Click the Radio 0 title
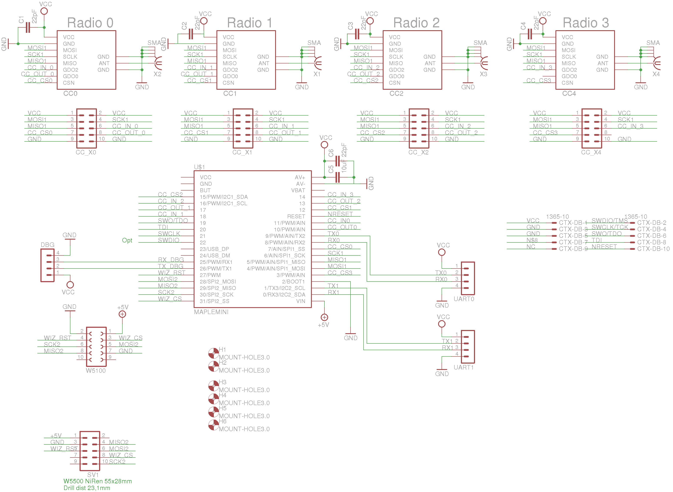[90, 23]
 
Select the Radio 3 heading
[585, 23]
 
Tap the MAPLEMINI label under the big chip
[211, 312]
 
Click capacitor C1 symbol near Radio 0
[28, 27]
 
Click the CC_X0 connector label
[86, 152]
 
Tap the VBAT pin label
[298, 190]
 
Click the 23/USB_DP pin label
[214, 249]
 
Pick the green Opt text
[127, 240]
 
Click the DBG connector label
[48, 245]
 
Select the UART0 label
[464, 299]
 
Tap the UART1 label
[464, 367]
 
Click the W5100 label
[96, 371]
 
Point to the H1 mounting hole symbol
[213, 353]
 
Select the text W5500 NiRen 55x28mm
[97, 481]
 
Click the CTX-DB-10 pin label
[653, 249]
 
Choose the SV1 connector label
[93, 474]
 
